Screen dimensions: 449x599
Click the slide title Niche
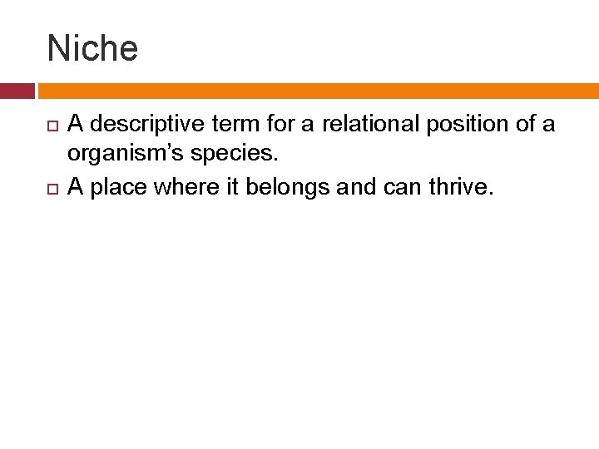coord(92,48)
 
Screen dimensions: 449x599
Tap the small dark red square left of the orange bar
coord(17,91)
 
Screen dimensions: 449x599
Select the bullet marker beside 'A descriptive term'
coord(52,126)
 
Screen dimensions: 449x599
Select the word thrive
coord(461,188)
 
